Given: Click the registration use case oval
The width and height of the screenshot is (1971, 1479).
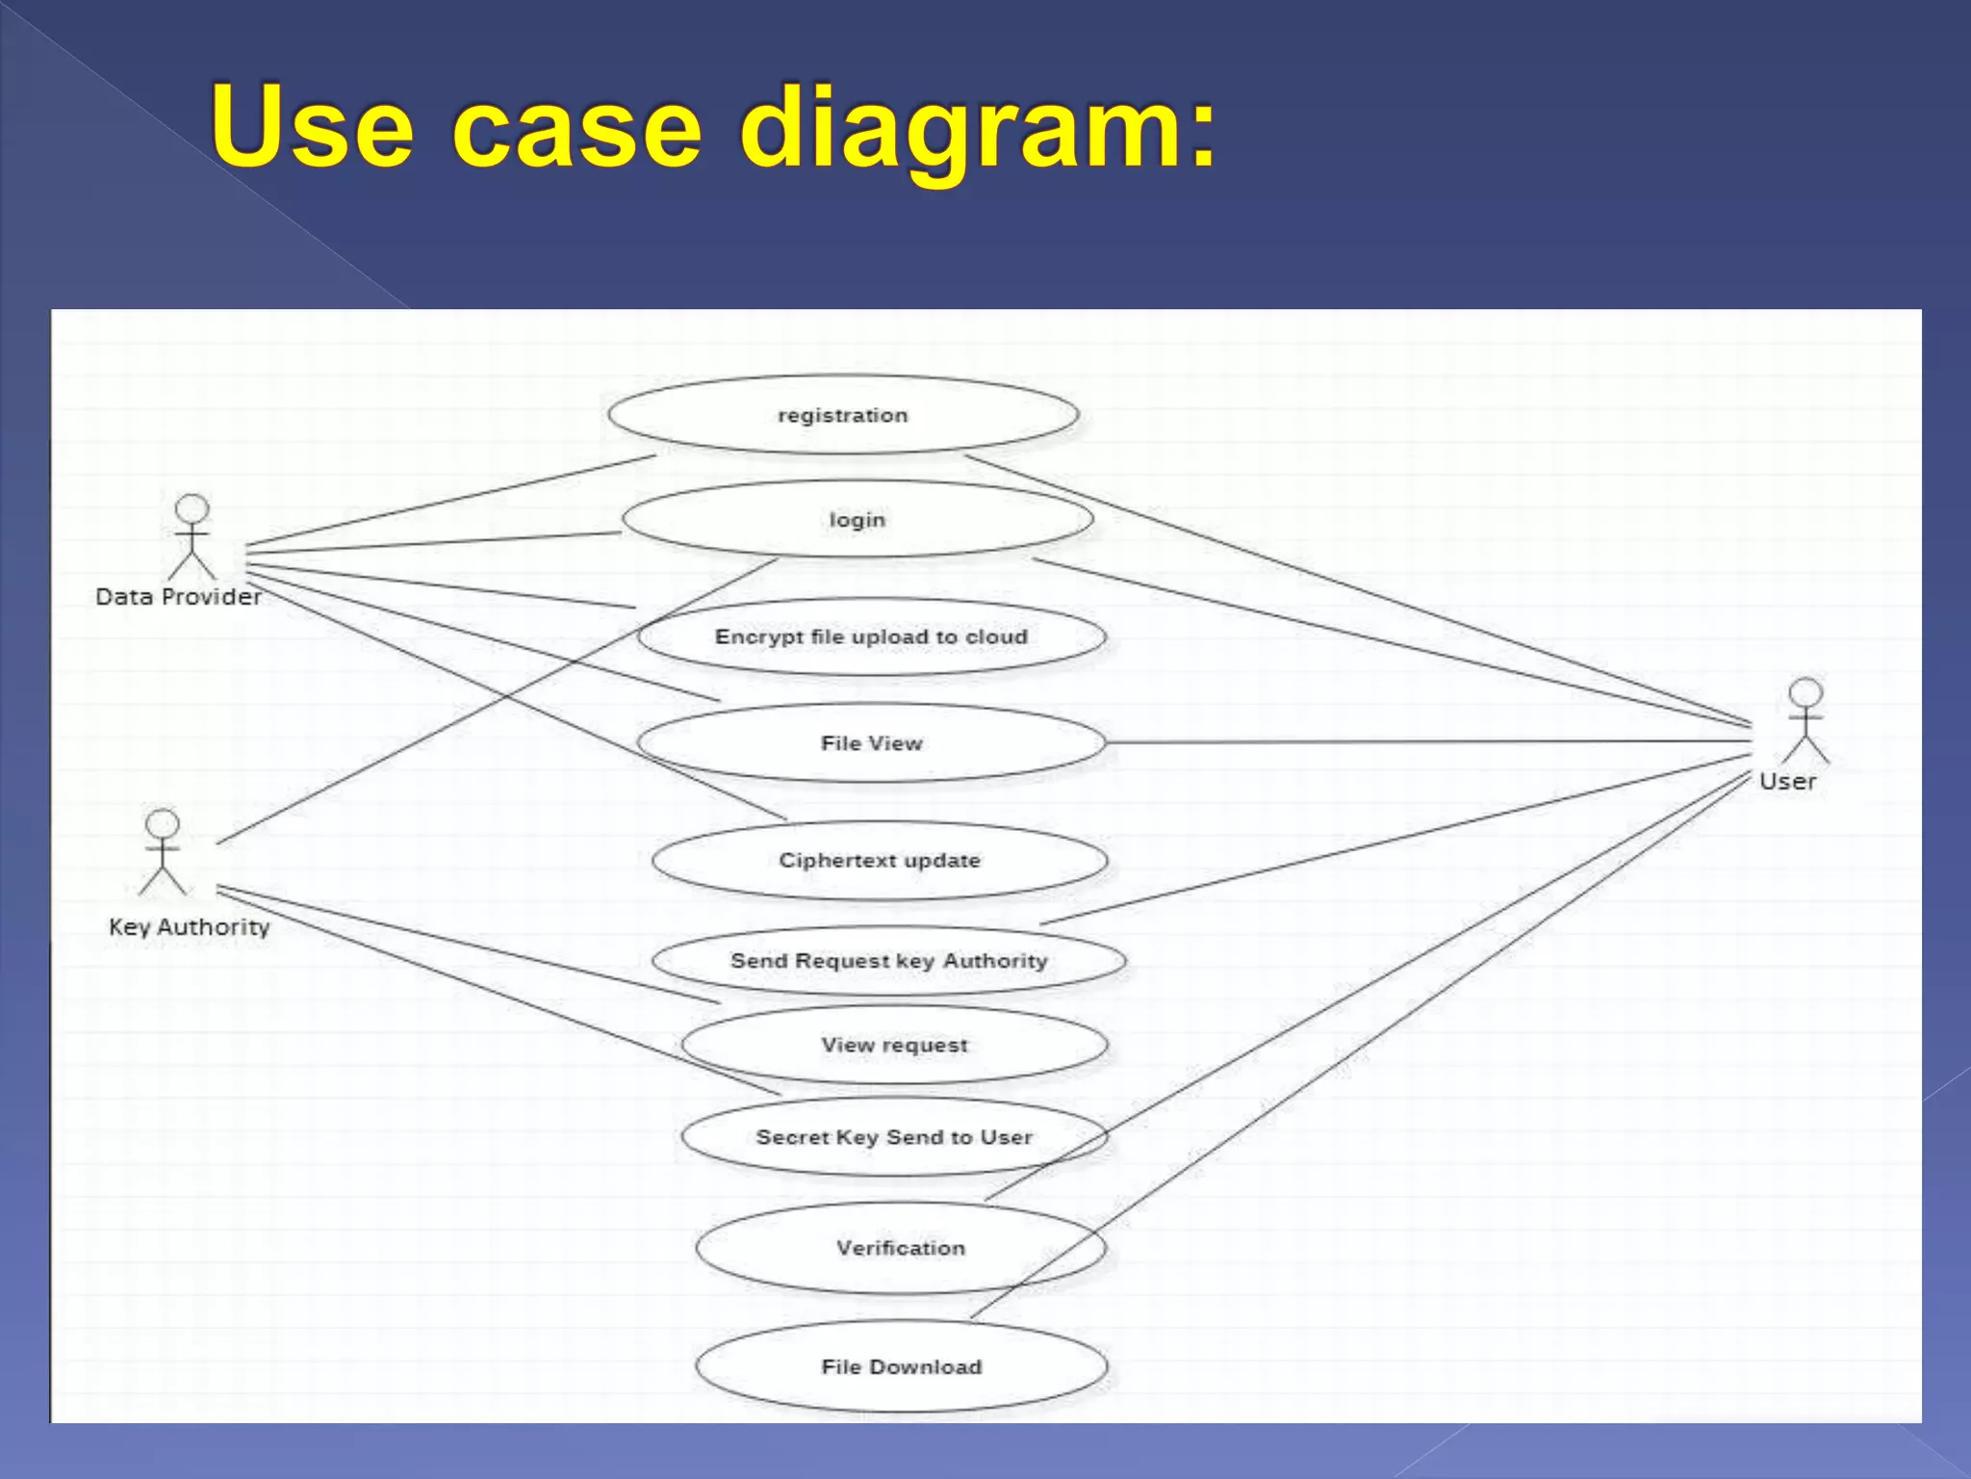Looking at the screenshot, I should pos(843,415).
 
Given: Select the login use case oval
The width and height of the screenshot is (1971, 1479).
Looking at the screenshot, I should pos(858,520).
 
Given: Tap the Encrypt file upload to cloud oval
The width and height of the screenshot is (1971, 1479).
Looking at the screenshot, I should pos(871,636).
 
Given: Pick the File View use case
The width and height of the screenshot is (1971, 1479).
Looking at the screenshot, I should pos(871,743).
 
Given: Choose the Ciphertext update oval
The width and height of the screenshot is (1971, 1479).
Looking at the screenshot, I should pos(880,860).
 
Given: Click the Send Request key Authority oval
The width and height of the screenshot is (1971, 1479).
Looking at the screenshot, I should pos(888,961).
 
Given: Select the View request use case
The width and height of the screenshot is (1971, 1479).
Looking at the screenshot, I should pos(894,1045).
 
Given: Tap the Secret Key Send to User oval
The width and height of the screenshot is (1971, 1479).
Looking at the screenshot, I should pos(894,1137).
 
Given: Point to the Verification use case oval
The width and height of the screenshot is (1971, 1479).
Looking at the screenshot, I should pos(900,1248).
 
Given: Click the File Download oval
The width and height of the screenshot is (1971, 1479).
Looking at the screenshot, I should pos(901,1366).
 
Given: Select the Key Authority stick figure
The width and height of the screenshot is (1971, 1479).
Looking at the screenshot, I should pos(163,852).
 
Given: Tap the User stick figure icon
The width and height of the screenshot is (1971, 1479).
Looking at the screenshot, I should pos(1805,721).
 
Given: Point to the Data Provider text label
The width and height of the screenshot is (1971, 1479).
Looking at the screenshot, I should pos(178,597).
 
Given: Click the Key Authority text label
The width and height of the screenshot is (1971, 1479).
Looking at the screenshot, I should pos(189,927).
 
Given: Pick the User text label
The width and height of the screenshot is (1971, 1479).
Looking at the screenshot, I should pos(1787,782).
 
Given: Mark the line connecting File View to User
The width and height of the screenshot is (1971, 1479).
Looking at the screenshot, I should pos(1424,742).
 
